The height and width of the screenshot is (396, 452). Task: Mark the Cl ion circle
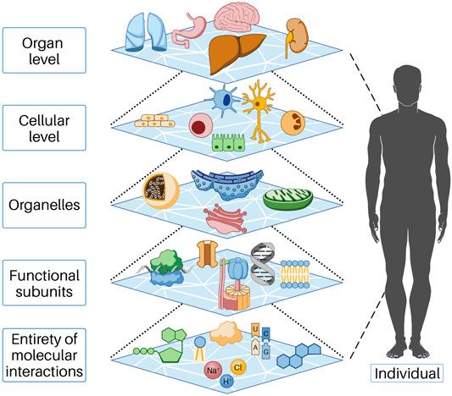click(x=237, y=368)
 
